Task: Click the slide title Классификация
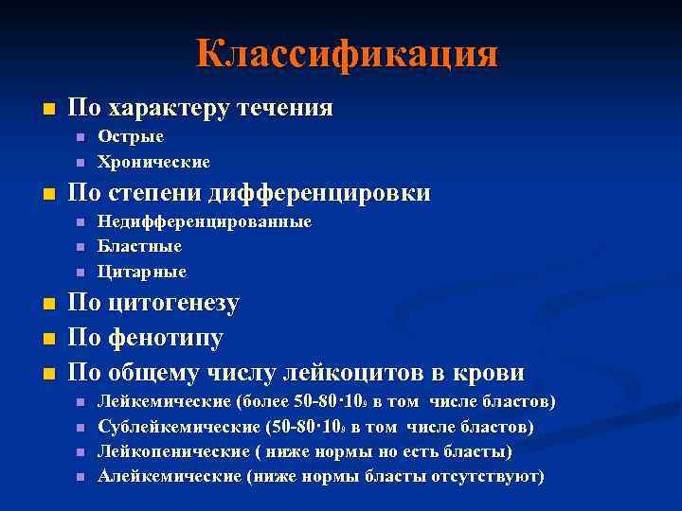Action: click(347, 53)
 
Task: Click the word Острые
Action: click(131, 136)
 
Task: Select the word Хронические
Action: click(153, 162)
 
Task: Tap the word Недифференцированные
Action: click(205, 221)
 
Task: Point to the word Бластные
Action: click(139, 246)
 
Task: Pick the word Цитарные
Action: click(142, 272)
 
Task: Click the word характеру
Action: click(165, 108)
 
